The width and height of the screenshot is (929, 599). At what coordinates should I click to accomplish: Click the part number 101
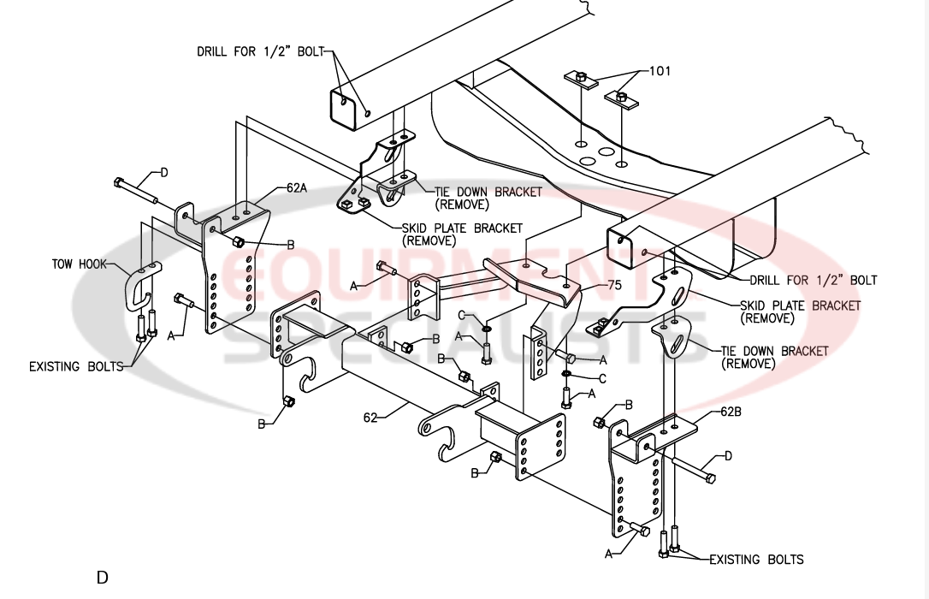[660, 71]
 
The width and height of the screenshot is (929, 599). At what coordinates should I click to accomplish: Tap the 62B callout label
[731, 412]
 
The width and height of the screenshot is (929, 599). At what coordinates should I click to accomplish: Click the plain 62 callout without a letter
[370, 418]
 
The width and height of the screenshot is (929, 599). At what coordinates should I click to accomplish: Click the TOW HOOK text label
[79, 264]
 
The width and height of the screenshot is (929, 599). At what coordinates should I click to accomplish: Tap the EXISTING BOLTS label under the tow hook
[76, 367]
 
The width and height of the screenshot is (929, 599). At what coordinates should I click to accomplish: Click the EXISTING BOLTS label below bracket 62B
[756, 560]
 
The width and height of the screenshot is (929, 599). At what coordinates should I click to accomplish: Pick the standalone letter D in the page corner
[102, 578]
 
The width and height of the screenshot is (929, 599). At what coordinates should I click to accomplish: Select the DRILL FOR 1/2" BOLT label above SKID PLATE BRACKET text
[814, 280]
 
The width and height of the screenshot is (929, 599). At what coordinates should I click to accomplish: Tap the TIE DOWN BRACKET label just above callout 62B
[774, 351]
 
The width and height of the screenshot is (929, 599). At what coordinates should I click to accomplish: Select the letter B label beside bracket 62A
[291, 245]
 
